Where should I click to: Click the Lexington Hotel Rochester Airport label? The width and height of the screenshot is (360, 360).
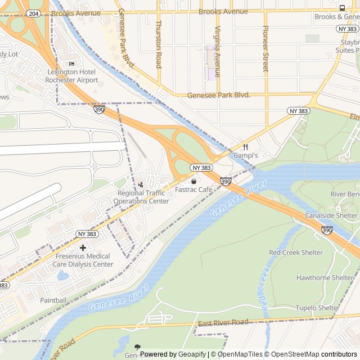73,76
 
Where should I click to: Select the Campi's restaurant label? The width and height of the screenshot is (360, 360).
245,155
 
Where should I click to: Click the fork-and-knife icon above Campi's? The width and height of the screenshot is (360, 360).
245,146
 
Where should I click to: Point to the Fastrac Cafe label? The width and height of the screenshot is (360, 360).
193,190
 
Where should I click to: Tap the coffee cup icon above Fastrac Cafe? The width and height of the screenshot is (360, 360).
193,181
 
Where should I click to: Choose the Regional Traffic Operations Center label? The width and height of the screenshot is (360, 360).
141,197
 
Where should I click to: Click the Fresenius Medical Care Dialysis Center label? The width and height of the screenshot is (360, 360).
84,260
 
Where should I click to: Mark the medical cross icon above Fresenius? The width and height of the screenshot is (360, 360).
83,247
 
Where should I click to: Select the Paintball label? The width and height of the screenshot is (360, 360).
53,300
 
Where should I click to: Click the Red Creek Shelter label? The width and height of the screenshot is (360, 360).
296,253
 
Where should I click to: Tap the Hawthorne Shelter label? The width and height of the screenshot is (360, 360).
325,278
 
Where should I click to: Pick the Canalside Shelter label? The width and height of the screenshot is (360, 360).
331,215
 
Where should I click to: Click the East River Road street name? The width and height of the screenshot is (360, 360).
223,323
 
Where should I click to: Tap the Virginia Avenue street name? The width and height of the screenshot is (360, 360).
217,52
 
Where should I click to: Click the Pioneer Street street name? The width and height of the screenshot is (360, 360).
266,48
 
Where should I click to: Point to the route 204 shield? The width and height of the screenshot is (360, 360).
34,13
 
